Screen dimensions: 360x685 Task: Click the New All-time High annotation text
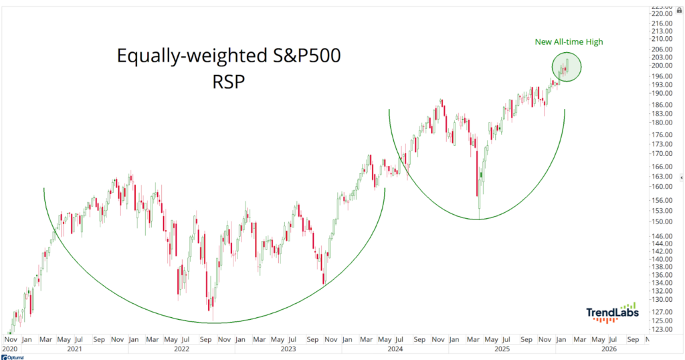tap(569, 42)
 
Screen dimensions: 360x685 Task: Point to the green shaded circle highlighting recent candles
tap(567, 67)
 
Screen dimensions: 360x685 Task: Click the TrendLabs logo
tap(612, 312)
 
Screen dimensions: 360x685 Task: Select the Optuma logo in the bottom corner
tap(15, 357)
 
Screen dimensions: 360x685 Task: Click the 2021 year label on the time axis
tap(76, 349)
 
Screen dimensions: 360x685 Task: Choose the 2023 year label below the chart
tap(288, 349)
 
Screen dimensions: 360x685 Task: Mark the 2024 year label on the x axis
tap(395, 349)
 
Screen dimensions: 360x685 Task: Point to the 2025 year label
tap(502, 349)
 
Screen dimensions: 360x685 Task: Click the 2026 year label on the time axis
tap(609, 349)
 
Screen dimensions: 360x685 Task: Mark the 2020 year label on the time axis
tap(10, 349)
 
